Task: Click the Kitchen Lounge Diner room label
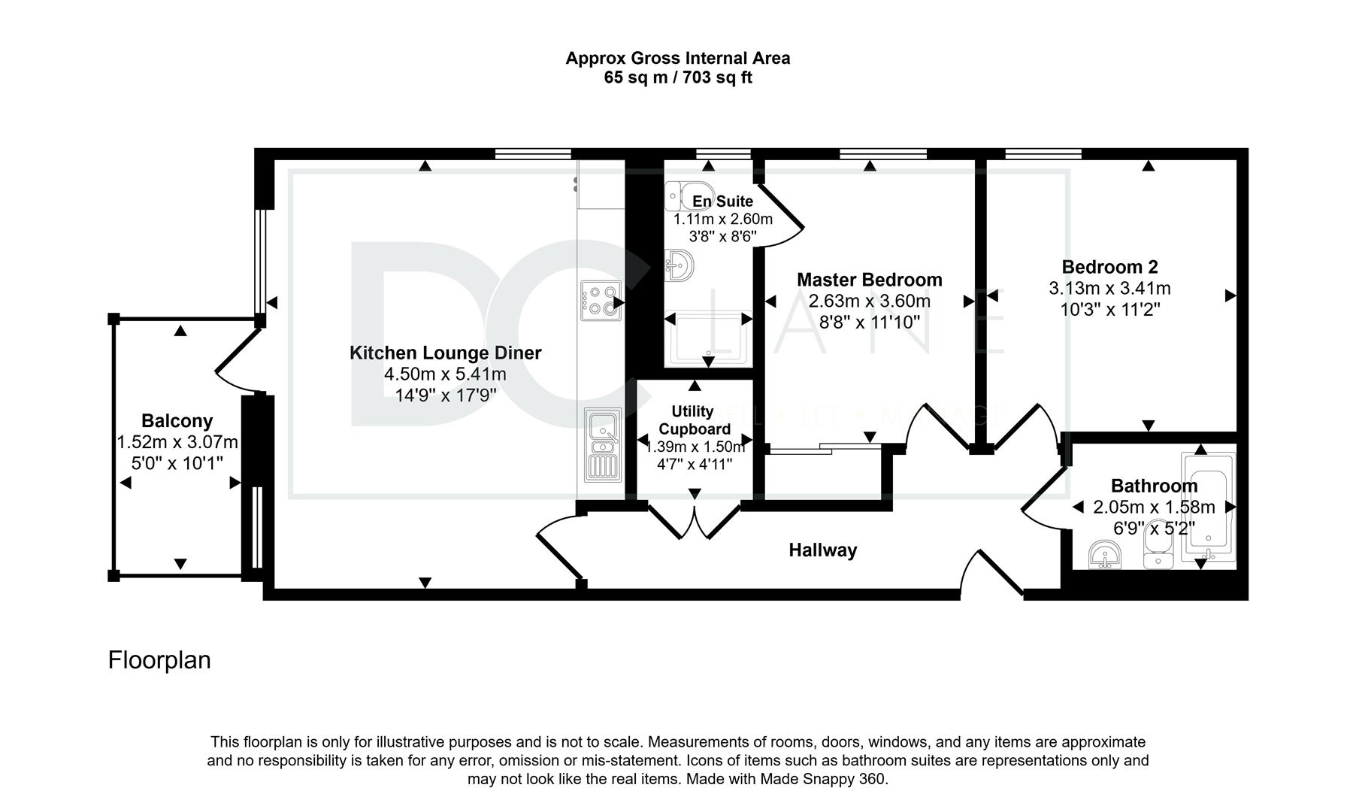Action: coord(445,353)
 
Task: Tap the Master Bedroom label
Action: coord(870,280)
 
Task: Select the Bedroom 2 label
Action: coord(1109,267)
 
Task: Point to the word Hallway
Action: coord(823,550)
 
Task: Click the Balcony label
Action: coord(177,421)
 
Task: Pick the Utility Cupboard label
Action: coord(693,420)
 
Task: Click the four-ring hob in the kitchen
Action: coord(600,301)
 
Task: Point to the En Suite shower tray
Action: coord(708,339)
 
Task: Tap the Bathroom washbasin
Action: coord(1104,556)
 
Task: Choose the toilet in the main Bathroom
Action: coord(1155,544)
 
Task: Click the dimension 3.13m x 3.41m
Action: coord(1109,288)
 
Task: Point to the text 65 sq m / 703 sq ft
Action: coord(678,77)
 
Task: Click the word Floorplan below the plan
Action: coord(159,660)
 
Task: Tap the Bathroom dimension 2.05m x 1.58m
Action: coord(1154,507)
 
